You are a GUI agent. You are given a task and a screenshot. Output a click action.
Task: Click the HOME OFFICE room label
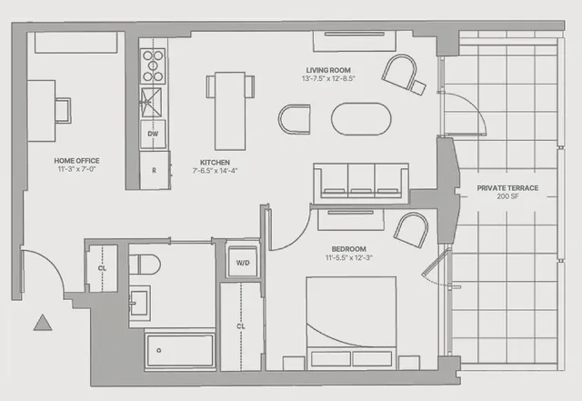pyautogui.click(x=69, y=158)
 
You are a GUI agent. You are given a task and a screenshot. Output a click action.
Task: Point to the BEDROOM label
pyautogui.click(x=349, y=249)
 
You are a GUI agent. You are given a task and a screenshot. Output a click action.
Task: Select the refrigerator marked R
pyautogui.click(x=155, y=170)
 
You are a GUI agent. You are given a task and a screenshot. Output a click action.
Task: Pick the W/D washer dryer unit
pyautogui.click(x=243, y=263)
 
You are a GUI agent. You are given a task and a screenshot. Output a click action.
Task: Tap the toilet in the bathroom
pyautogui.click(x=145, y=265)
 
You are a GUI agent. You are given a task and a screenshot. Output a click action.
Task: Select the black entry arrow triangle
pyautogui.click(x=40, y=322)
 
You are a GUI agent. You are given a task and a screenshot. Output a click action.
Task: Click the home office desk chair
pyautogui.click(x=63, y=110)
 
